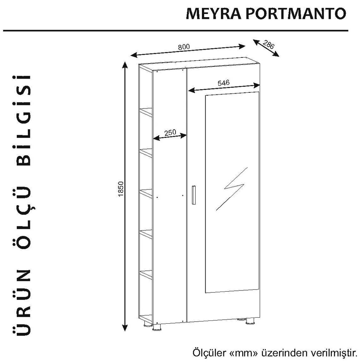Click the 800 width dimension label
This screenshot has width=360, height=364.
(x=184, y=47)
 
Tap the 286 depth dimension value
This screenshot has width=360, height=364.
(x=269, y=44)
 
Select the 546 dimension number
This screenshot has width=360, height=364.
(x=224, y=83)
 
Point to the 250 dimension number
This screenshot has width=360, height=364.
(x=171, y=132)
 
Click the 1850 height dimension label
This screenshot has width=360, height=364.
(x=121, y=189)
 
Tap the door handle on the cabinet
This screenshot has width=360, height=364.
(x=194, y=195)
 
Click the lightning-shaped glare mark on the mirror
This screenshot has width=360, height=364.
(x=232, y=189)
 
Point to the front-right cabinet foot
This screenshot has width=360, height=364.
(x=250, y=321)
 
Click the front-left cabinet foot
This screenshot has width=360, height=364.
(x=157, y=327)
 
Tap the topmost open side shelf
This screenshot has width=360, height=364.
(x=146, y=112)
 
